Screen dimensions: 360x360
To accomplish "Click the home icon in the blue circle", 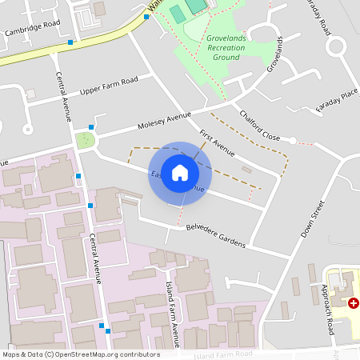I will click(180, 172).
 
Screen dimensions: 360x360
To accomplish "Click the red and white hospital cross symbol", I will click(354, 303).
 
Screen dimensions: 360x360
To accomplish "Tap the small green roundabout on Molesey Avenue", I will click(85, 140).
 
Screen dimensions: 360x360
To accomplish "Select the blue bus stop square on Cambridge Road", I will click(71, 41).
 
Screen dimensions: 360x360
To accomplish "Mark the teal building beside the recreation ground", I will click(195, 6).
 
